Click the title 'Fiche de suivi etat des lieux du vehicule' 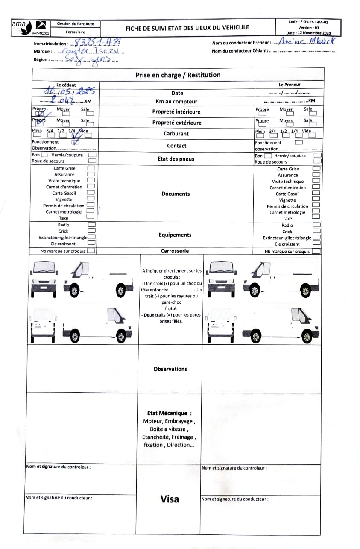point(187,28)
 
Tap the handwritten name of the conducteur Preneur point(306,41)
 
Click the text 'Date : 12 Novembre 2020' point(308,33)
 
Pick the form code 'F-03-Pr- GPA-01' point(308,22)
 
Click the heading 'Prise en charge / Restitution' point(178,75)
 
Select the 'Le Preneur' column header point(289,85)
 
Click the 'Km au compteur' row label point(176,102)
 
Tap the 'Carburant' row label point(176,134)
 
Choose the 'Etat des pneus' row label point(176,159)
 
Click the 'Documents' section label point(176,194)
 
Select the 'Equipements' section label point(175,235)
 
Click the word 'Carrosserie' point(175,251)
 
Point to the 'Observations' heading point(170,369)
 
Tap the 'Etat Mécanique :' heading point(169,413)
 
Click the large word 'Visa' point(170,499)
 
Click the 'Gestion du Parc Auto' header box point(76,24)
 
